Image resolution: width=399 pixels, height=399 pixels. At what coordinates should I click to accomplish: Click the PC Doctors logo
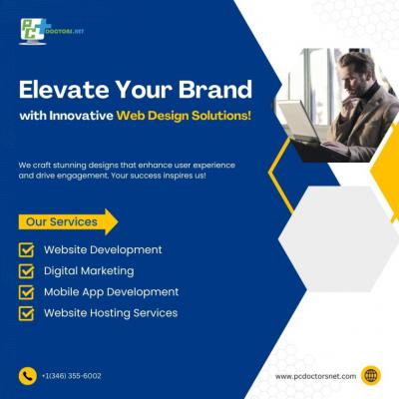pos(51,31)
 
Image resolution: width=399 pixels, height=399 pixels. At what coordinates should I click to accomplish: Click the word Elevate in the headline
pos(64,90)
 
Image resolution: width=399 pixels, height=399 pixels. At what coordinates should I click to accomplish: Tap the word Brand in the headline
pos(215,90)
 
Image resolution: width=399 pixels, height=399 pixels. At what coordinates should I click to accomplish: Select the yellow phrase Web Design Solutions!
pos(184,116)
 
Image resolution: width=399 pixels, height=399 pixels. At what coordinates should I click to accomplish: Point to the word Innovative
pos(82,116)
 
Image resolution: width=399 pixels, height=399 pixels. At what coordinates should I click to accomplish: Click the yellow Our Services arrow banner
pos(68,221)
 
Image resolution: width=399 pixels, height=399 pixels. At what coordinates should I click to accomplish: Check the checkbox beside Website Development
pos(26,250)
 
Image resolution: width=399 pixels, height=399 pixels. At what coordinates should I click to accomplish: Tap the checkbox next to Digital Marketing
pos(26,271)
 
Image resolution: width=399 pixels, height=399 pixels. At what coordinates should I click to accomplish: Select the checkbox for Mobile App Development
pos(26,292)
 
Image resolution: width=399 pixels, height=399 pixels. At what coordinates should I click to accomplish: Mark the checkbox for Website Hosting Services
pos(26,313)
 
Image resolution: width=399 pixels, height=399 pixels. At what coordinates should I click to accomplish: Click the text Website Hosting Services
pos(111,313)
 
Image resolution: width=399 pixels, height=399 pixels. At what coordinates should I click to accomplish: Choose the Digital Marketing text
pos(89,271)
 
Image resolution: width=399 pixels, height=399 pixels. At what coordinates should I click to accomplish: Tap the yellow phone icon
pos(28,376)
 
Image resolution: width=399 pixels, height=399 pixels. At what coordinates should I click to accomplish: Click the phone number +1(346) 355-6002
pos(72,376)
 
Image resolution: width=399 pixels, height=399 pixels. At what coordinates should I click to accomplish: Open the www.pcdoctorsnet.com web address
pos(315,376)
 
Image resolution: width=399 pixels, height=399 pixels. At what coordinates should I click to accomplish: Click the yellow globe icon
pos(371,376)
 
